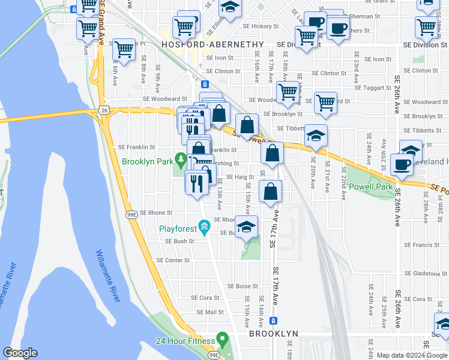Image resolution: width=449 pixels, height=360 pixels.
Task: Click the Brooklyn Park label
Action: pyautogui.click(x=146, y=161)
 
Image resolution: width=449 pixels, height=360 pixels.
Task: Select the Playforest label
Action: pyautogui.click(x=178, y=229)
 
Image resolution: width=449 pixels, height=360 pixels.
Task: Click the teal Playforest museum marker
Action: pyautogui.click(x=204, y=226)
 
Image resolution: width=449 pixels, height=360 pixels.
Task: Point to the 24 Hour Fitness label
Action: pyautogui.click(x=186, y=341)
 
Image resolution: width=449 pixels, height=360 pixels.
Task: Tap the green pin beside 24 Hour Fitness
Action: pyautogui.click(x=221, y=340)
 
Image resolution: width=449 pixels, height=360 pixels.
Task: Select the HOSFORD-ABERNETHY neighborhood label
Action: pyautogui.click(x=213, y=44)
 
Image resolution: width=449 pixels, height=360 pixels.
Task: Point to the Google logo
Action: pyautogui.click(x=20, y=353)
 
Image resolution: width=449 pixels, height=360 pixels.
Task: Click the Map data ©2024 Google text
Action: pyautogui.click(x=412, y=355)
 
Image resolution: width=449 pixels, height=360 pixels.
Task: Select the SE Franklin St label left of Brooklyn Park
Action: pyautogui.click(x=136, y=147)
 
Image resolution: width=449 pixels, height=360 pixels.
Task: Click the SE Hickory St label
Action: pyautogui.click(x=261, y=26)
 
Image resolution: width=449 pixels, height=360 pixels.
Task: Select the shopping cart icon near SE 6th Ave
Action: pyautogui.click(x=124, y=51)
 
